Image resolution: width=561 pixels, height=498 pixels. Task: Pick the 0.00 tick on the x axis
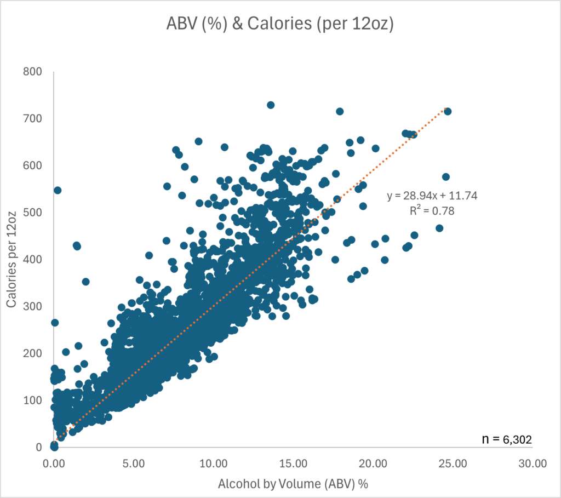(54, 463)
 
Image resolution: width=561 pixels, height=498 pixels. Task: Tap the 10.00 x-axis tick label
(213, 463)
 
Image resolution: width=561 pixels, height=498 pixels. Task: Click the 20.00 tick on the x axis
(373, 463)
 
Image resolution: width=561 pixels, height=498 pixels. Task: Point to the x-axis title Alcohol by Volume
(293, 484)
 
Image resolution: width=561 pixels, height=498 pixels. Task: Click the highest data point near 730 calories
(271, 105)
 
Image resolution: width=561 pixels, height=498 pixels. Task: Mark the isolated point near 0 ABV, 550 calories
(58, 190)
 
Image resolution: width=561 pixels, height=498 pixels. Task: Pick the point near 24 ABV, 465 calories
(439, 228)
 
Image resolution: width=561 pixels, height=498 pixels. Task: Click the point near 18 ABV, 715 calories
(340, 111)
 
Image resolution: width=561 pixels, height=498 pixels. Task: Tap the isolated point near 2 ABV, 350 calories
(85, 282)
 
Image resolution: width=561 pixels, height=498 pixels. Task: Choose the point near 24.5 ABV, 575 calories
(446, 176)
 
